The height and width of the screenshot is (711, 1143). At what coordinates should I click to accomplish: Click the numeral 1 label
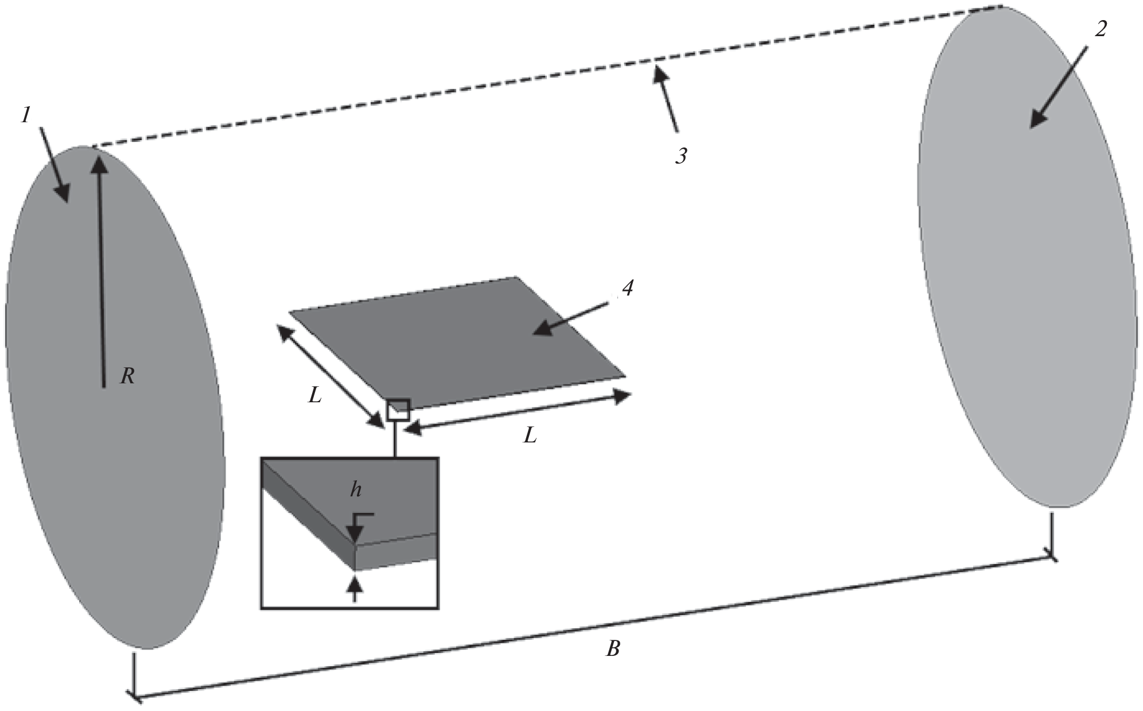tap(25, 116)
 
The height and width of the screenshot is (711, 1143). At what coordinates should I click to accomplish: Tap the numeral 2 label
tap(1100, 29)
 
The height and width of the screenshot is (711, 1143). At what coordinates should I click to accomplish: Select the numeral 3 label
tap(681, 156)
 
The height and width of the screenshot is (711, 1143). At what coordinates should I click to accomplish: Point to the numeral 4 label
tap(628, 288)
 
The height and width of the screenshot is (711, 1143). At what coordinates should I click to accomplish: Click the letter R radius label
tap(127, 376)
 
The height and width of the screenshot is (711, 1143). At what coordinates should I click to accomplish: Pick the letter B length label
tap(613, 649)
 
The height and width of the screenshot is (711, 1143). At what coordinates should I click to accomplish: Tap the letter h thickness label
tap(356, 489)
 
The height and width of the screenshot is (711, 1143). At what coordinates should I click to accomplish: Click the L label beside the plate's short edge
tap(314, 396)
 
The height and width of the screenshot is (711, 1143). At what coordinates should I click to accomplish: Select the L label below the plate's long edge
tap(530, 436)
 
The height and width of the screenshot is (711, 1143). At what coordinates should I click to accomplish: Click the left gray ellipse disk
tap(115, 398)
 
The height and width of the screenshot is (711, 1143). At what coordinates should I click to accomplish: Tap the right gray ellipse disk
tap(1027, 257)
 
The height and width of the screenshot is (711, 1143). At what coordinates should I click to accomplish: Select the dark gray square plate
tap(457, 343)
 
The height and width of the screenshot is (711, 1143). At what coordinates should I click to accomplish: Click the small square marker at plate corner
tap(398, 410)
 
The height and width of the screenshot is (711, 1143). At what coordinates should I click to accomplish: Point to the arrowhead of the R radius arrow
tap(99, 162)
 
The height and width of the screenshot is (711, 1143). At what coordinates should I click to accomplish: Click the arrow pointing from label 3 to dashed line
tap(665, 99)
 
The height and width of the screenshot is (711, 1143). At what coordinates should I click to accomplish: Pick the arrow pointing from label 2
tap(1058, 88)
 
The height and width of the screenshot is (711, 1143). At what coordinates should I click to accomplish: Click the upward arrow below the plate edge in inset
tap(356, 589)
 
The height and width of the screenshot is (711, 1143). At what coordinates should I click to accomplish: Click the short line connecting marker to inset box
tap(395, 439)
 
